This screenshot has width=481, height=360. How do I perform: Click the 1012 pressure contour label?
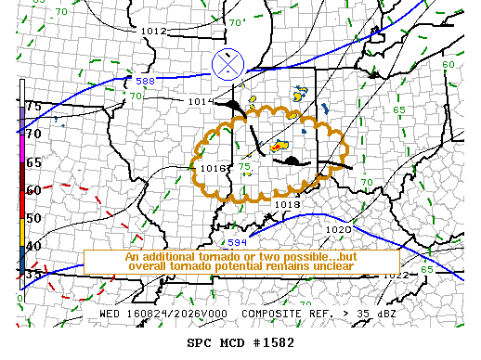coord(153,31)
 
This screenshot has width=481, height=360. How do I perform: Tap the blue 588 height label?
coord(145,82)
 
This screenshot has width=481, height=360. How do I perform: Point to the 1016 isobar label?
coord(214,168)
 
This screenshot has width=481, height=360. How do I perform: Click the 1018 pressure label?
coord(287,203)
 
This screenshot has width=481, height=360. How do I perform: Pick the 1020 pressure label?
coord(339,229)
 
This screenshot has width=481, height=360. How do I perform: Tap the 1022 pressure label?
coord(396,275)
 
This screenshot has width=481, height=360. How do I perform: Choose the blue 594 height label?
coord(238,241)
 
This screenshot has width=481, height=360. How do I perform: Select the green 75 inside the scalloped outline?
coord(244,167)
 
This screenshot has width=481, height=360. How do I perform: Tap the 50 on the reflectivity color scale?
coord(33,218)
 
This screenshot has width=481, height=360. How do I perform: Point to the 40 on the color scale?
coord(33,246)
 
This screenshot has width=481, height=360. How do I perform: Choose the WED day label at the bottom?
coord(110,314)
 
